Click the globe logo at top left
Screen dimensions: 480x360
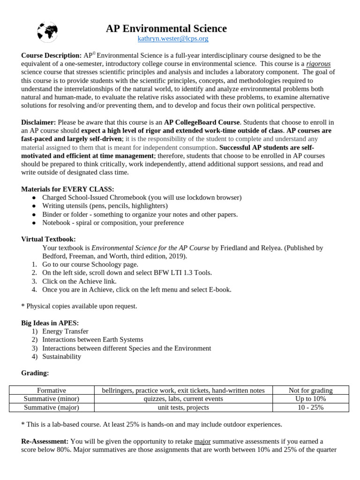point(47,32)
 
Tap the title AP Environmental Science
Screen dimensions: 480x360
point(166,29)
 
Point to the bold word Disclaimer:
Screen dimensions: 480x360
point(38,122)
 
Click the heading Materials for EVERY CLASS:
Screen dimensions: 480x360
point(67,189)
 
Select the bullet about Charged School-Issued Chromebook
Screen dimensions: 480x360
point(142,197)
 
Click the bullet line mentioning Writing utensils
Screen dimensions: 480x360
point(105,206)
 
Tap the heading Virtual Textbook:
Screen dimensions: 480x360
point(48,239)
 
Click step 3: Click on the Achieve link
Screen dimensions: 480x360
point(79,281)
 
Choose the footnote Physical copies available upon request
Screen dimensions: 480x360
point(79,306)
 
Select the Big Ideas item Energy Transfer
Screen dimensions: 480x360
point(65,331)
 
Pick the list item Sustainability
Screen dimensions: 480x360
point(61,356)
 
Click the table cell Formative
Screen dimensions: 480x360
point(52,390)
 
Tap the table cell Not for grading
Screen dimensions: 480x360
point(311,390)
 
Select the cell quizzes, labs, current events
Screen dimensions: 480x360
point(183,398)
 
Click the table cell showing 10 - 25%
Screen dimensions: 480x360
point(311,407)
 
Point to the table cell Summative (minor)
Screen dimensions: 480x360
point(52,398)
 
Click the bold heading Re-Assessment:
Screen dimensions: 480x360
point(45,441)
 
